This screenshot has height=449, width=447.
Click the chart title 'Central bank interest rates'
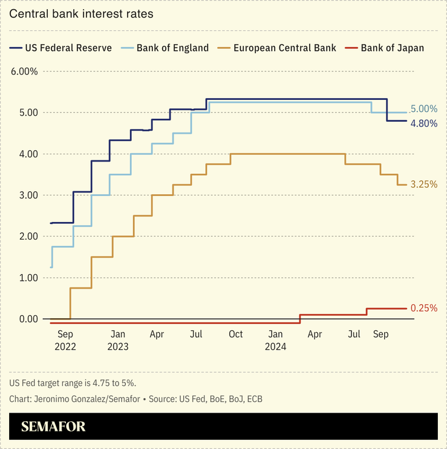point(81,13)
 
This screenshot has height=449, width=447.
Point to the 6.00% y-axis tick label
point(24,71)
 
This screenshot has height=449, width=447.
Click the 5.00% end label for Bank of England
point(423,109)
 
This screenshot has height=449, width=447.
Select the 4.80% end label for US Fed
point(423,123)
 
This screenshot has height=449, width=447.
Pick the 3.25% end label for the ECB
point(423,185)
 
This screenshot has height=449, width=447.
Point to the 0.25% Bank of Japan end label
point(423,308)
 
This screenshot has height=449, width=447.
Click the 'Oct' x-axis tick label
point(235,334)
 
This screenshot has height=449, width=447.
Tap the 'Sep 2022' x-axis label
point(65,340)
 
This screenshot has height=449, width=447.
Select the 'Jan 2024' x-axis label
point(275,340)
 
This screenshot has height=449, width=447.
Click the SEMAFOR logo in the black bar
point(53,427)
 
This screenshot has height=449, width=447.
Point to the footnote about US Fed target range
point(73,383)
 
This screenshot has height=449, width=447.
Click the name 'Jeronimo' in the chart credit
point(57,399)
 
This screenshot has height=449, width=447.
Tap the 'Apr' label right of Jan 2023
point(157,334)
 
